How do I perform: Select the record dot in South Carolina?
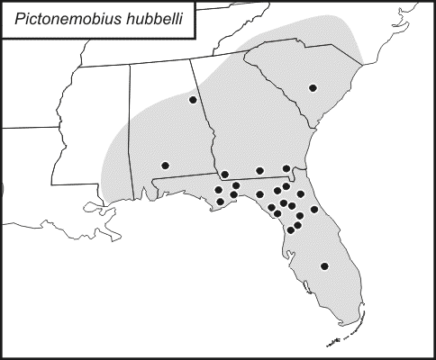click(x=313, y=87)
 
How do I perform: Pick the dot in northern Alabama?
click(x=193, y=100)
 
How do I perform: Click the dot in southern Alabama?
click(x=165, y=165)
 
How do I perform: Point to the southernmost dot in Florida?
click(x=324, y=266)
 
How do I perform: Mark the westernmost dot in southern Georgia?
click(x=224, y=174)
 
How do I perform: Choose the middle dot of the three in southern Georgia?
click(x=259, y=170)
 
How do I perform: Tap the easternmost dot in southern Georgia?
click(x=286, y=168)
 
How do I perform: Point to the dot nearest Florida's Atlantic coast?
click(x=314, y=210)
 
